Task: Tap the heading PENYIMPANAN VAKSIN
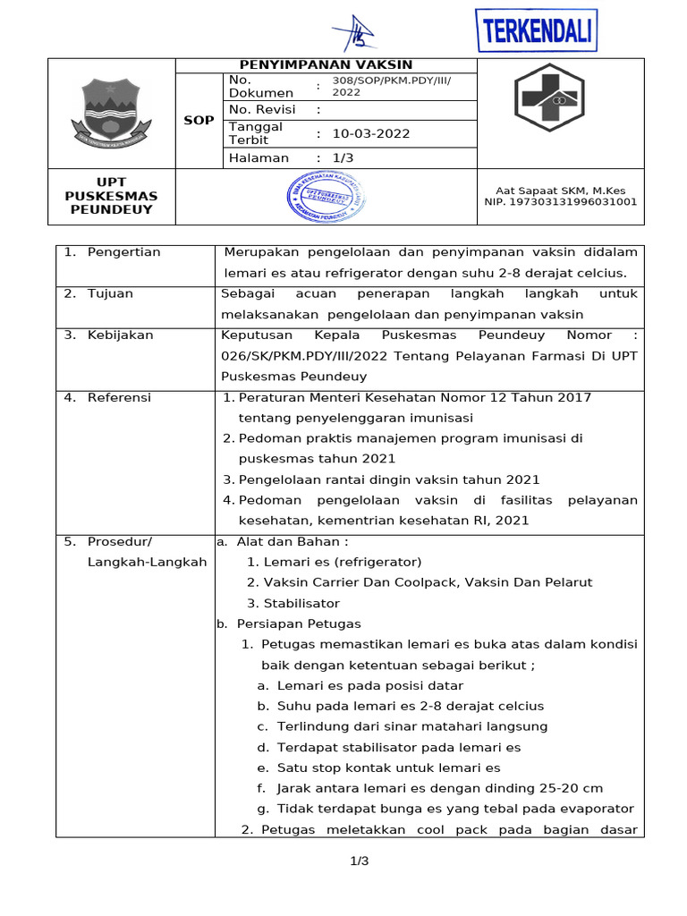[327, 65]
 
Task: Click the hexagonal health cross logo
[547, 98]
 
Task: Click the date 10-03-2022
[371, 134]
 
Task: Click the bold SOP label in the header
[199, 120]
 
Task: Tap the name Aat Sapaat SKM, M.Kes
[561, 190]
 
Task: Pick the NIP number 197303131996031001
[561, 202]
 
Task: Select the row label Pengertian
[124, 252]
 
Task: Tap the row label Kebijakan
[121, 335]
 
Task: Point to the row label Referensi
[119, 397]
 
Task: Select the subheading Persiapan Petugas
[299, 623]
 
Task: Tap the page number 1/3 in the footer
[359, 861]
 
